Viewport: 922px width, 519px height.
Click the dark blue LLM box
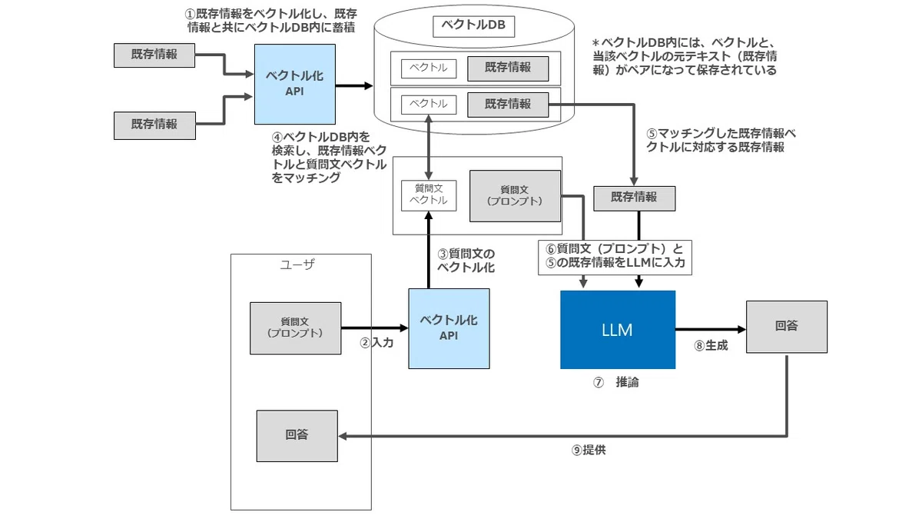(x=618, y=330)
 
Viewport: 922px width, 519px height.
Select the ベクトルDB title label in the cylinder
(x=474, y=26)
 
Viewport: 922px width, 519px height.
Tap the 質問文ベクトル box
(x=429, y=195)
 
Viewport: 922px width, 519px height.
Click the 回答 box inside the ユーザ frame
(x=297, y=436)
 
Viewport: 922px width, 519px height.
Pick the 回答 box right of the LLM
(x=787, y=327)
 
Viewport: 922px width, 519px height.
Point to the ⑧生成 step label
(x=711, y=345)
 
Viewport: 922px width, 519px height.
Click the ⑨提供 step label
(x=589, y=450)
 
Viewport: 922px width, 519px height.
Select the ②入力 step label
(x=376, y=343)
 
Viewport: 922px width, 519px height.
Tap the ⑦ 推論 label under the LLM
(x=615, y=382)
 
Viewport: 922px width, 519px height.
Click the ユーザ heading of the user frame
(x=297, y=264)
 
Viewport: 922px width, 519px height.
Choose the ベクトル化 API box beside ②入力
(x=449, y=328)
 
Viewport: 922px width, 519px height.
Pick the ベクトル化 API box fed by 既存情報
(x=295, y=84)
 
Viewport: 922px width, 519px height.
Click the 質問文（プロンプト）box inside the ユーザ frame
(x=296, y=328)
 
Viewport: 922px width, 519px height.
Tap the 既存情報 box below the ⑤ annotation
(x=635, y=198)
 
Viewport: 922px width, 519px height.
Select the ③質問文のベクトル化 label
(x=466, y=261)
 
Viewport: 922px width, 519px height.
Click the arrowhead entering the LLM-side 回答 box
(x=741, y=329)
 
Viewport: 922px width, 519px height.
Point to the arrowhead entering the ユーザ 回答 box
(x=343, y=436)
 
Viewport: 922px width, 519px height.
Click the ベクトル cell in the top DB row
(x=429, y=68)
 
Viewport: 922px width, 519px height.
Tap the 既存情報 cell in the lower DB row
(x=508, y=105)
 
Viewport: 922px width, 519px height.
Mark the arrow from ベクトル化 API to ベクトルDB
(x=354, y=85)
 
